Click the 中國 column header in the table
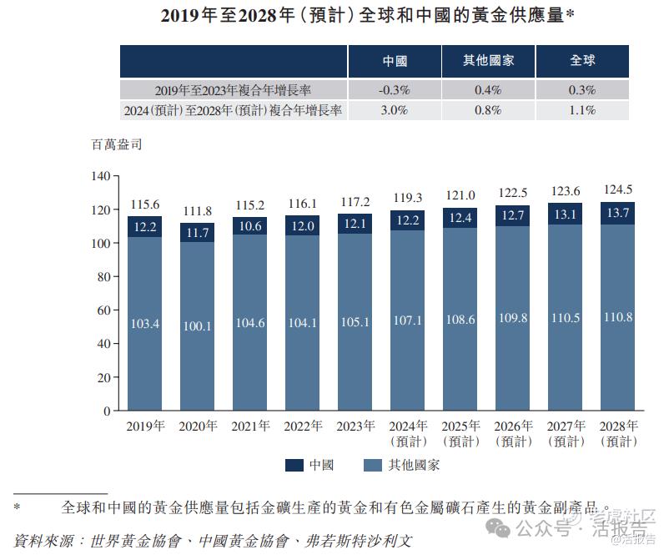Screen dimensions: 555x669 click(x=395, y=62)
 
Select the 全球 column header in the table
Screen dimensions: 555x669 click(x=582, y=62)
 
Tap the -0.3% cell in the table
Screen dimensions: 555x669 click(x=394, y=90)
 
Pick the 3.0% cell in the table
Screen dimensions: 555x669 click(x=394, y=110)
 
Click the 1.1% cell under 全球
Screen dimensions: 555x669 click(x=582, y=110)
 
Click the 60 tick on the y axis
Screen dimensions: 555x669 click(x=103, y=310)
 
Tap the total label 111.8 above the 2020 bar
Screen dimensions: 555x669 click(x=197, y=210)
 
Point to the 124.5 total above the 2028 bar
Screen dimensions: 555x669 click(x=617, y=189)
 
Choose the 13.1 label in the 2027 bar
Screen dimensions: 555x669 click(x=565, y=214)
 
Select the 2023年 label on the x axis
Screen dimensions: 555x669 click(x=355, y=426)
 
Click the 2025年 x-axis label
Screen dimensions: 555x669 click(x=460, y=426)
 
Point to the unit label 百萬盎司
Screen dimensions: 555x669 click(x=116, y=144)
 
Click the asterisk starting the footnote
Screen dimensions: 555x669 click(x=16, y=507)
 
